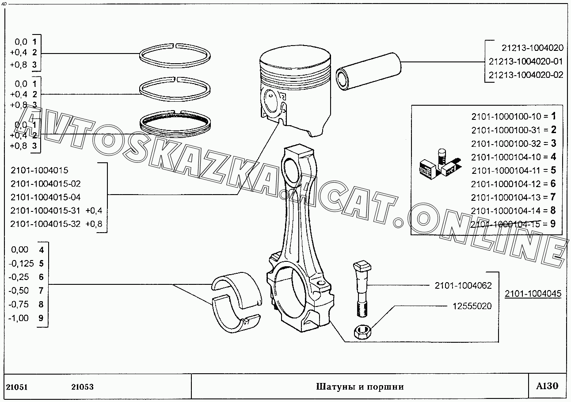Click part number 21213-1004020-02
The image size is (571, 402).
click(x=526, y=75)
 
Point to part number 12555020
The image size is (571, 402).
click(x=472, y=306)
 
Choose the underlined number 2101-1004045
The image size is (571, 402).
click(x=533, y=294)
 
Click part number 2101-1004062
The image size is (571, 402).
click(x=463, y=286)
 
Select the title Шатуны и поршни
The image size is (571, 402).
click(x=360, y=387)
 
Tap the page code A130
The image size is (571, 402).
click(x=547, y=386)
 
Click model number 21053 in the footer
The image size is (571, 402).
click(x=82, y=387)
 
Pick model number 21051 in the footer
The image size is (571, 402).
click(x=17, y=387)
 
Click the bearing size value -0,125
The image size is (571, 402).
click(x=21, y=264)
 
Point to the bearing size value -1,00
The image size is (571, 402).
click(x=19, y=318)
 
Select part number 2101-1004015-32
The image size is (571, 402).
click(x=46, y=224)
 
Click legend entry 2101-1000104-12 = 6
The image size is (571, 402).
click(x=513, y=184)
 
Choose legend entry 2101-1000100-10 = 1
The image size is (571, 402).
click(x=513, y=117)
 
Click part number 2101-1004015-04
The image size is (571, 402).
click(x=46, y=197)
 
